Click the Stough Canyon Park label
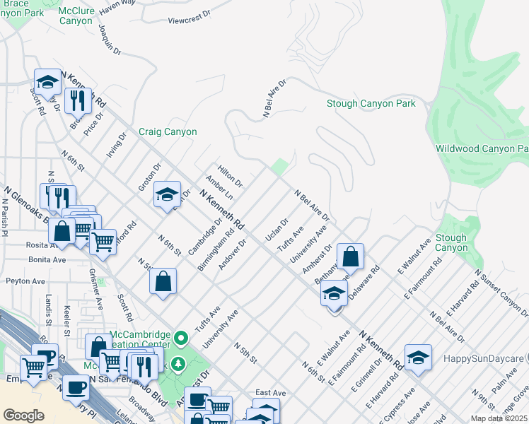coord(371,104)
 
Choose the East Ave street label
coord(270,392)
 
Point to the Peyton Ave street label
coord(25,281)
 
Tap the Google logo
coord(23,415)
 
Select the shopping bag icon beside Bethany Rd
coord(350,257)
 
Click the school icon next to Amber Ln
coord(167,194)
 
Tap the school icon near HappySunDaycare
coord(418,358)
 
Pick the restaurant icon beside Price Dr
coord(78,100)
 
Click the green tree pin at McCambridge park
coord(178,364)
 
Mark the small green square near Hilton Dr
coord(281,167)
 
